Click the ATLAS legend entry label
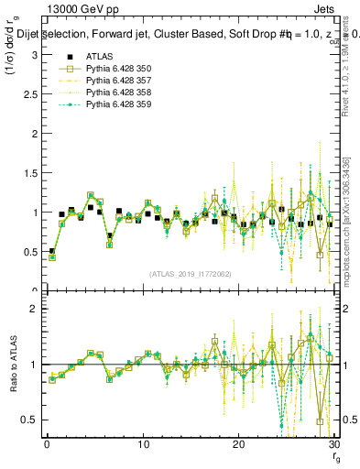tap(100, 56)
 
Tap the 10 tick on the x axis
tap(143, 444)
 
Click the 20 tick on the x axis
tap(238, 444)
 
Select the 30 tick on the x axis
tap(333, 444)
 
